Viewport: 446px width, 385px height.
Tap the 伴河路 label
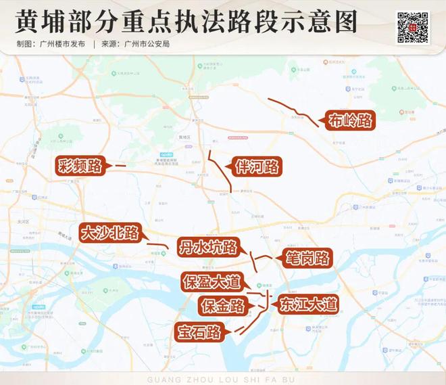coord(257,166)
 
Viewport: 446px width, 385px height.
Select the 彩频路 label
coord(80,164)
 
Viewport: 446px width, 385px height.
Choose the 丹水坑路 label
coord(207,247)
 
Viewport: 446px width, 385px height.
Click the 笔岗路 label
coord(305,258)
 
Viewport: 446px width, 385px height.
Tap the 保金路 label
coord(222,306)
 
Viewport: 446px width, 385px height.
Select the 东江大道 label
coord(308,304)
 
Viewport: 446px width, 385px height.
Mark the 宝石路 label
coord(198,332)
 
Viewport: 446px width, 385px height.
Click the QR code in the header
coord(412,26)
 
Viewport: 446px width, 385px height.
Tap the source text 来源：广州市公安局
coord(135,44)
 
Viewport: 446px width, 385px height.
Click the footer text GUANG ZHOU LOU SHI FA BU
coord(222,379)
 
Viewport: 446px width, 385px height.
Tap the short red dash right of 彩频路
coord(120,165)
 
